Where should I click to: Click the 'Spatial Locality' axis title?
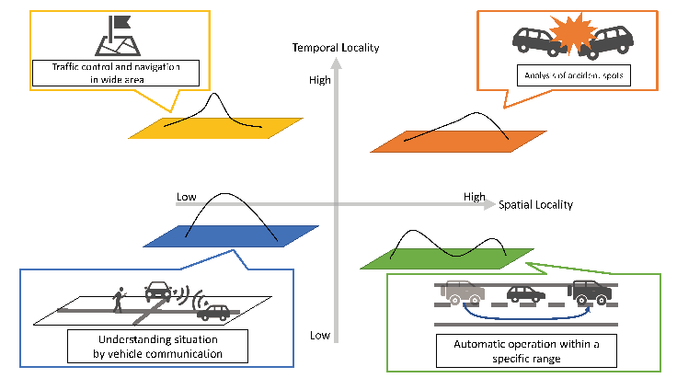pos(535,205)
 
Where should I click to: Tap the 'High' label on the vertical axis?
pos(319,81)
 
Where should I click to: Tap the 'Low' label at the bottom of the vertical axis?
pos(319,335)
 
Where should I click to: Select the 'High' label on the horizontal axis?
pos(474,197)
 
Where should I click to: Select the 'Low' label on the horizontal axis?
pos(187,197)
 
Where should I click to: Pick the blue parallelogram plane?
pos(233,235)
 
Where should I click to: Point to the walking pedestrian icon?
pos(118,298)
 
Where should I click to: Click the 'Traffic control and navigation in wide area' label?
pos(115,73)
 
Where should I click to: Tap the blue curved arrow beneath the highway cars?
pos(523,315)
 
